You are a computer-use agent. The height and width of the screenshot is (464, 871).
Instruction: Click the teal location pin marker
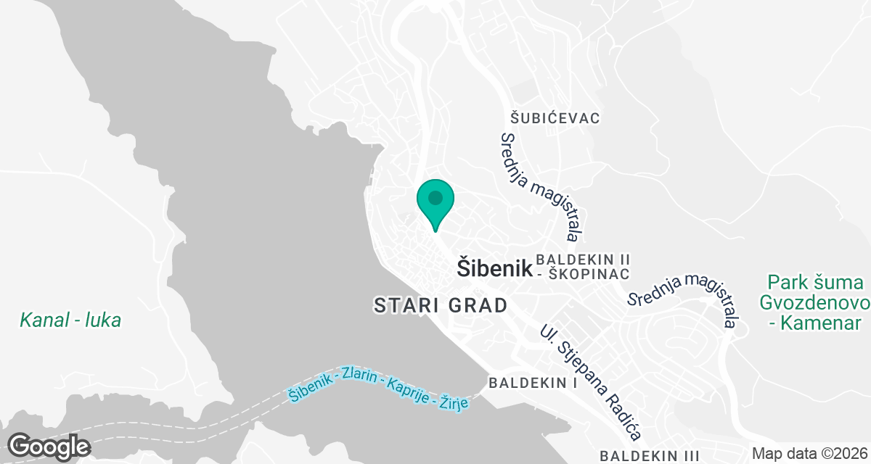435,202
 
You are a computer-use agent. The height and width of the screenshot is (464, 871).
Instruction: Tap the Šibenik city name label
495,268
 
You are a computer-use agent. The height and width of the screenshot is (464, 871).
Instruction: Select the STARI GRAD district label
441,305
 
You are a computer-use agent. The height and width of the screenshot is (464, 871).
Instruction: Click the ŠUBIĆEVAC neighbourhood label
555,118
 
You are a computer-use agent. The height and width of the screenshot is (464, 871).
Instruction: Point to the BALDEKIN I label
533,382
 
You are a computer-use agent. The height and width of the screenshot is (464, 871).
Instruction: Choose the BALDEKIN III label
650,455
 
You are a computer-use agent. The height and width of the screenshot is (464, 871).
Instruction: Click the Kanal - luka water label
70,320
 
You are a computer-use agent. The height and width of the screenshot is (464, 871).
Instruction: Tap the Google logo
49,445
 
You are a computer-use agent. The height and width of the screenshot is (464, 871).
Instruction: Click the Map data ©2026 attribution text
809,454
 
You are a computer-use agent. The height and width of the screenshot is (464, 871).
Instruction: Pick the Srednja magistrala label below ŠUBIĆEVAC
541,187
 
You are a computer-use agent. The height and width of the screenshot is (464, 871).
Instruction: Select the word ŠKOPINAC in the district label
590,275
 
